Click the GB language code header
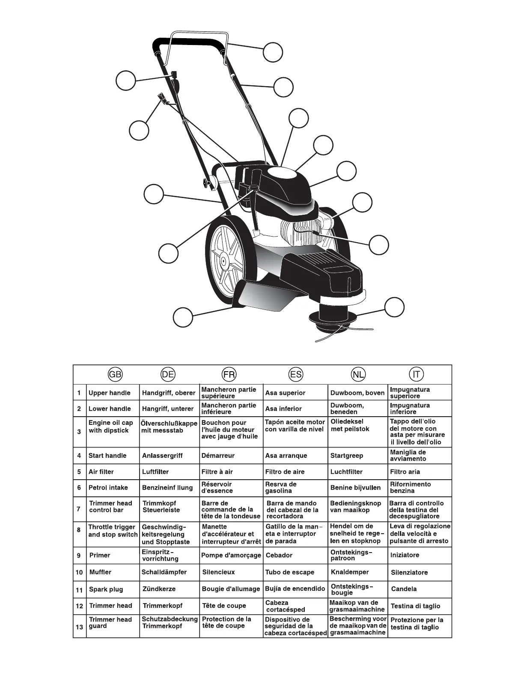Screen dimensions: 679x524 (x=116, y=374)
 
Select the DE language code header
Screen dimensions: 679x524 (x=168, y=374)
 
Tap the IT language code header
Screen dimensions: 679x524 (x=416, y=374)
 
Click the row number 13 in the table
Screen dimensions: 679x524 (x=80, y=627)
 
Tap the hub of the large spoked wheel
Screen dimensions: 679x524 (x=223, y=260)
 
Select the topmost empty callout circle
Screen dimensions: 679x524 (x=273, y=52)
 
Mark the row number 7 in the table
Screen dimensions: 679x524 (x=79, y=509)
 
